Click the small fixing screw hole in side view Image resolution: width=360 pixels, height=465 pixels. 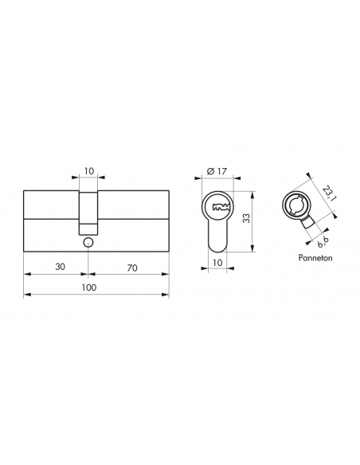[88, 242]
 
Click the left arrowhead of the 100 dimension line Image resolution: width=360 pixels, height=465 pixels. [26, 296]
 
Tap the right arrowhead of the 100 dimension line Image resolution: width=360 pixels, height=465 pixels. [167, 296]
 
